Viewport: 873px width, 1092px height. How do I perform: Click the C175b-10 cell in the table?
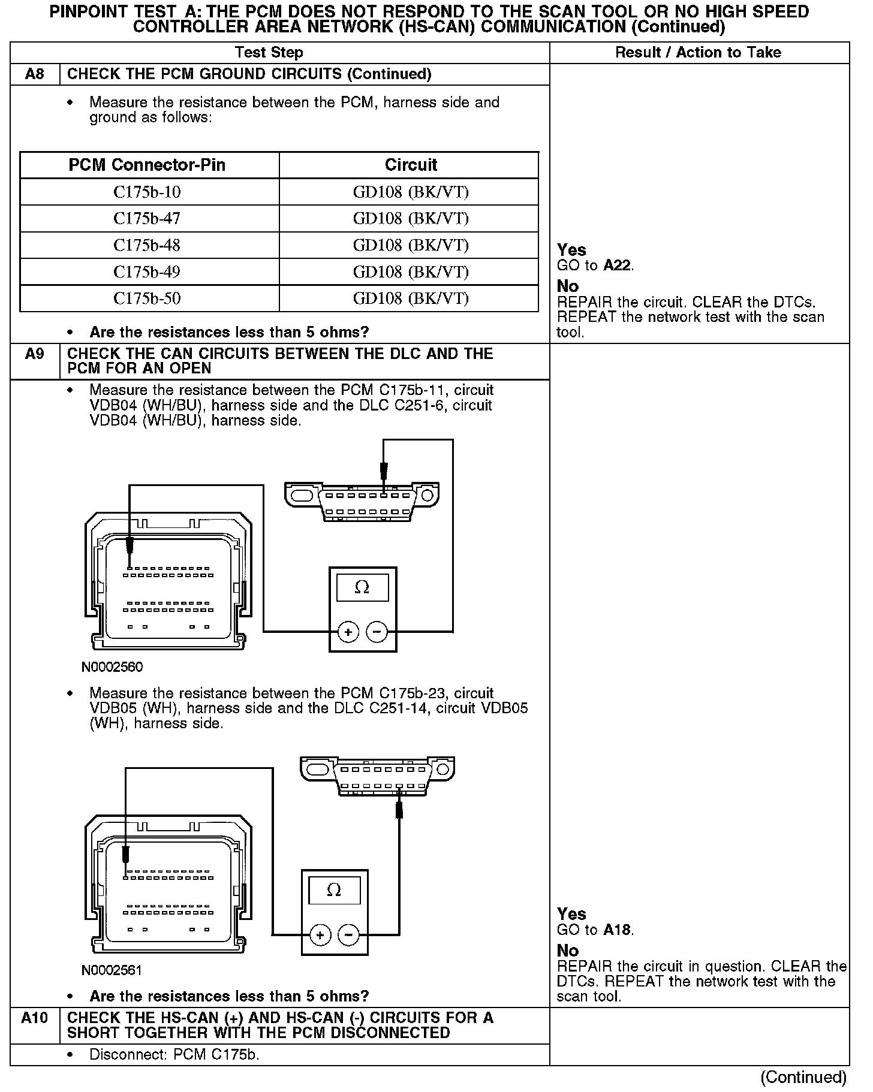(147, 192)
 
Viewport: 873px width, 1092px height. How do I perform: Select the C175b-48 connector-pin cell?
(147, 245)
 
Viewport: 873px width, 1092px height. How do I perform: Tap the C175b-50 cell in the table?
(147, 298)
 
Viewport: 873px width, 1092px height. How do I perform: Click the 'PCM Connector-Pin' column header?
(147, 165)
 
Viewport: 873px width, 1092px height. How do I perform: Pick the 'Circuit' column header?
(411, 165)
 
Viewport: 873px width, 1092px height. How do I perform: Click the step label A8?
(35, 74)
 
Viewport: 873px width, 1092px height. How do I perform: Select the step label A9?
(35, 354)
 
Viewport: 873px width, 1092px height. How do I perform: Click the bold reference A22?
(618, 266)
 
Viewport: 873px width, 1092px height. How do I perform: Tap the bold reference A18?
(618, 930)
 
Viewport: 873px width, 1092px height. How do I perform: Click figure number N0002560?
(112, 667)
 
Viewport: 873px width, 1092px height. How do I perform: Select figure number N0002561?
(112, 970)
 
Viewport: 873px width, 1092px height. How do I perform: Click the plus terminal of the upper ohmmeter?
(348, 632)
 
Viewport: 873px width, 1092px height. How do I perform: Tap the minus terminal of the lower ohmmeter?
(348, 935)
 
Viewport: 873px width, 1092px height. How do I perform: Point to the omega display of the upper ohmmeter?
(362, 587)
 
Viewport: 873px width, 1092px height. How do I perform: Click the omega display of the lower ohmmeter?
(334, 890)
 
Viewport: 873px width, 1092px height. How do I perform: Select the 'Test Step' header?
(269, 53)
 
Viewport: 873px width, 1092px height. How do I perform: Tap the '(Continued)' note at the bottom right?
(803, 1077)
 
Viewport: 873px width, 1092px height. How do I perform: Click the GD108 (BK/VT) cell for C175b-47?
(411, 219)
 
